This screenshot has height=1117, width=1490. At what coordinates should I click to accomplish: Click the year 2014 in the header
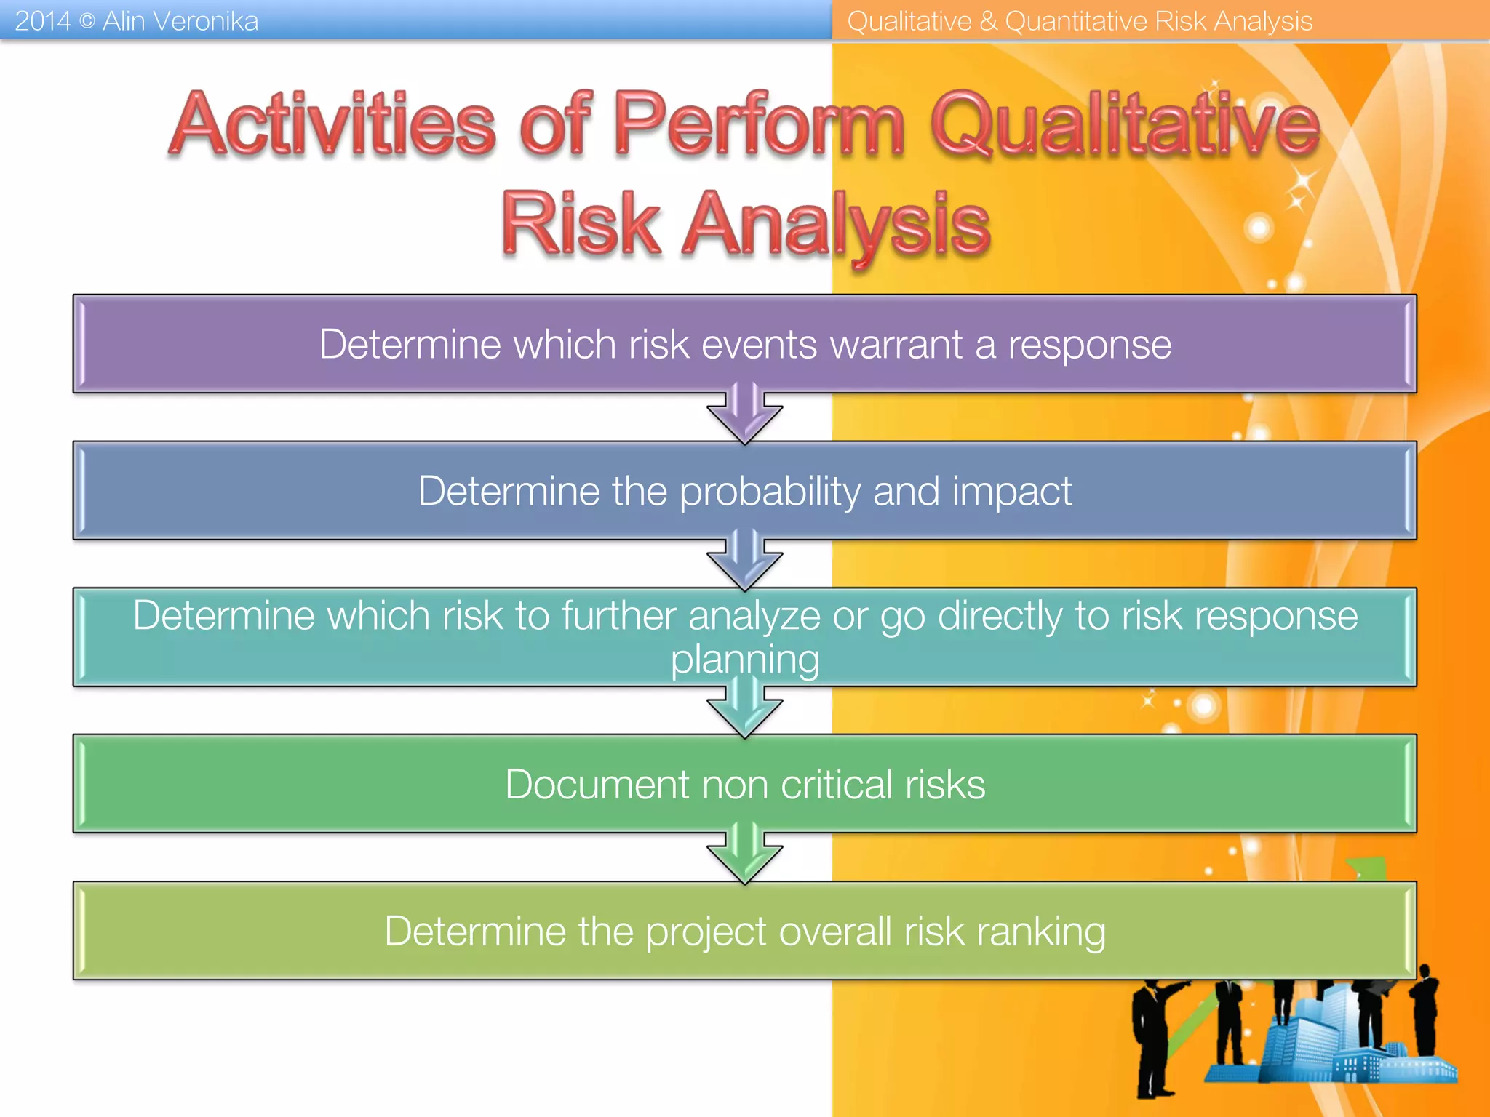(x=42, y=21)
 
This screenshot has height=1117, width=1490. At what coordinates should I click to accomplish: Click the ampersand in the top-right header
(x=987, y=21)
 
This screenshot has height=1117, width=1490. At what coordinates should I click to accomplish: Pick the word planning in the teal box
(x=745, y=660)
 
